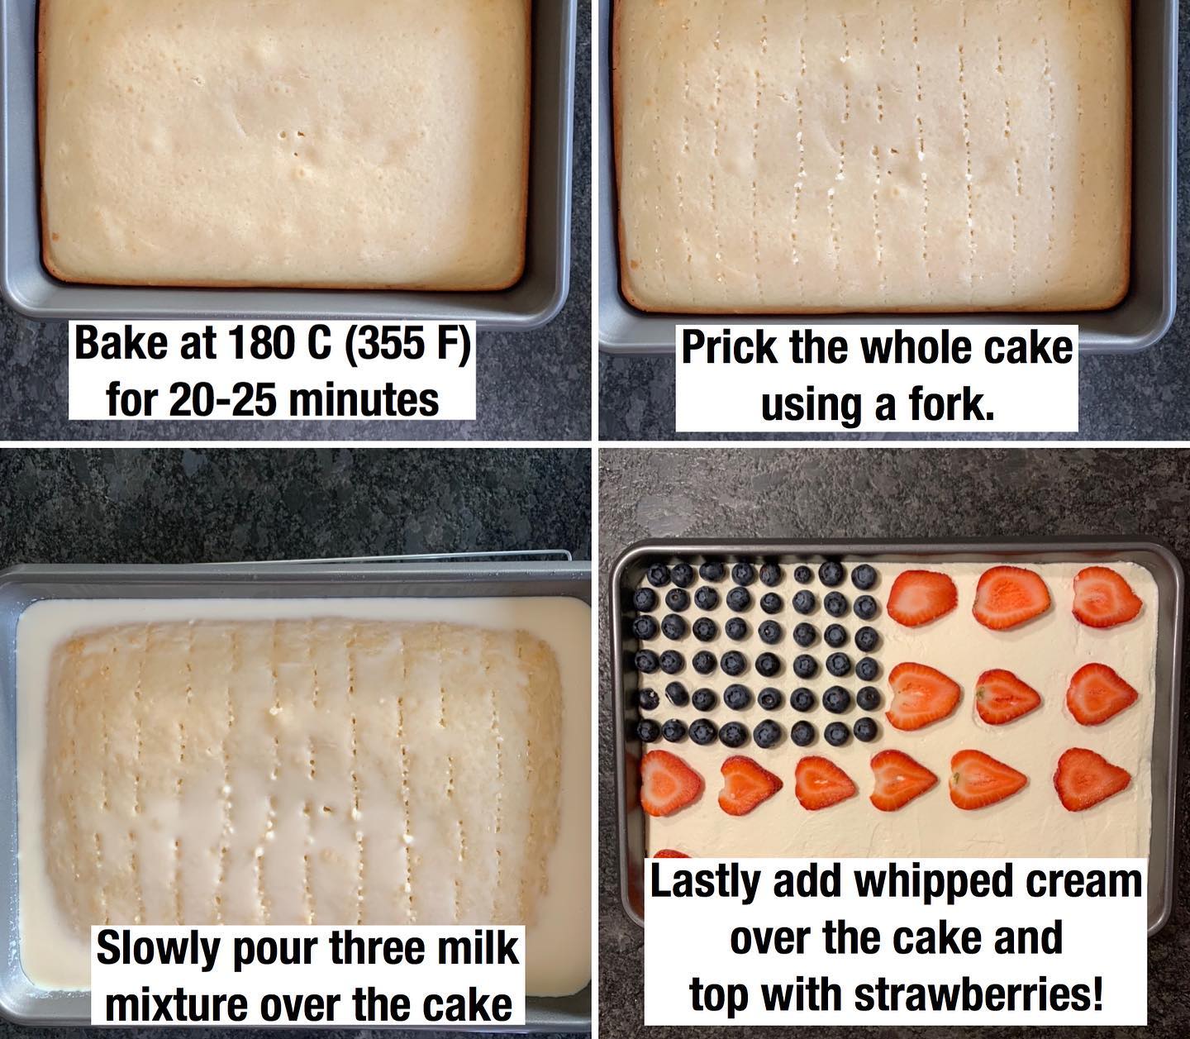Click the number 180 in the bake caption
tap(259, 344)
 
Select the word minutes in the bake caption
tap(364, 400)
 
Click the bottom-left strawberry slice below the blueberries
tap(670, 783)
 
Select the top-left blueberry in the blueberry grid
tap(659, 576)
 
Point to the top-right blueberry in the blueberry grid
tap(864, 576)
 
